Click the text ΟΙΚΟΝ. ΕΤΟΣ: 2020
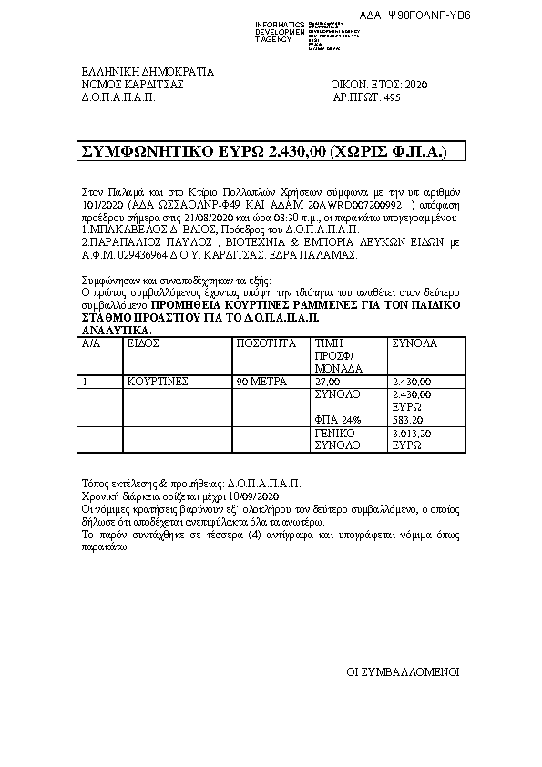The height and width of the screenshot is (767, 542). pyautogui.click(x=379, y=84)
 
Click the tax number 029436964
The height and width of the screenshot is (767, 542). pyautogui.click(x=130, y=256)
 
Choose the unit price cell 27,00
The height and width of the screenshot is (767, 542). pyautogui.click(x=325, y=382)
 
